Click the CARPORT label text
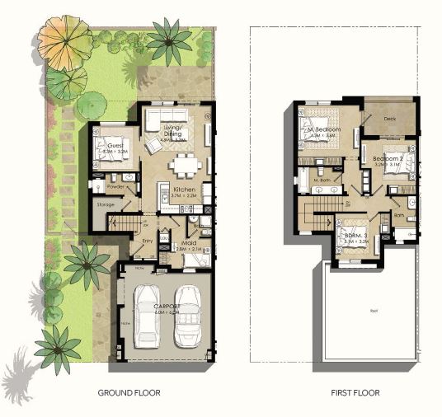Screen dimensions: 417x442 tap(167, 306)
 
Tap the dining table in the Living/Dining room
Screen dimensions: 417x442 tap(182, 165)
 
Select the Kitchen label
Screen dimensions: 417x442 tap(183, 190)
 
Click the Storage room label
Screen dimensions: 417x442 tap(105, 204)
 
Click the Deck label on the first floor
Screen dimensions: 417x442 tap(390, 118)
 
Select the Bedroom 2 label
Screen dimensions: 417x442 tap(387, 157)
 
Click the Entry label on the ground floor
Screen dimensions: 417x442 tap(148, 241)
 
